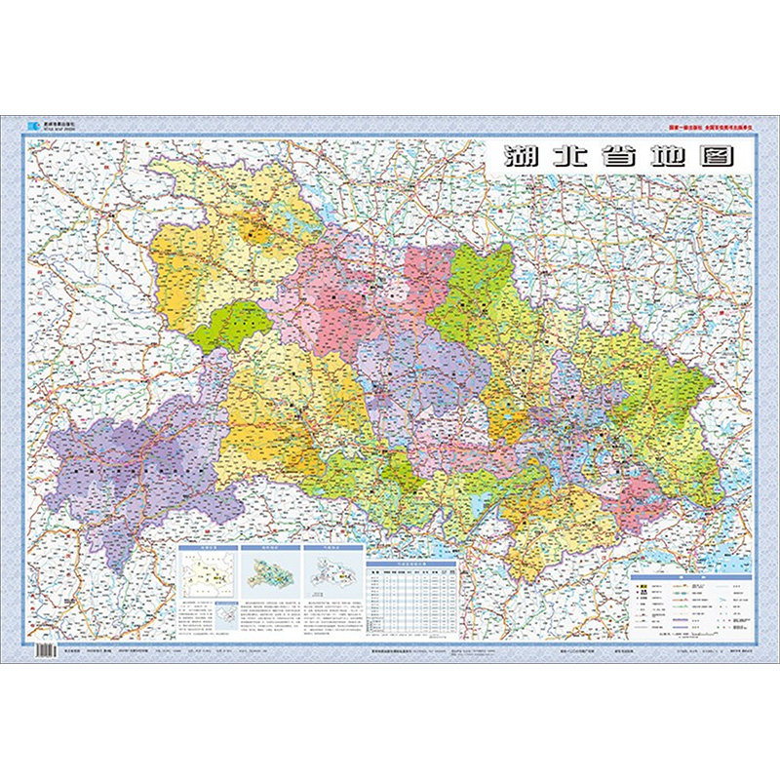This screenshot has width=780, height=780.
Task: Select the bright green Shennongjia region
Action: pyautogui.click(x=230, y=326)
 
